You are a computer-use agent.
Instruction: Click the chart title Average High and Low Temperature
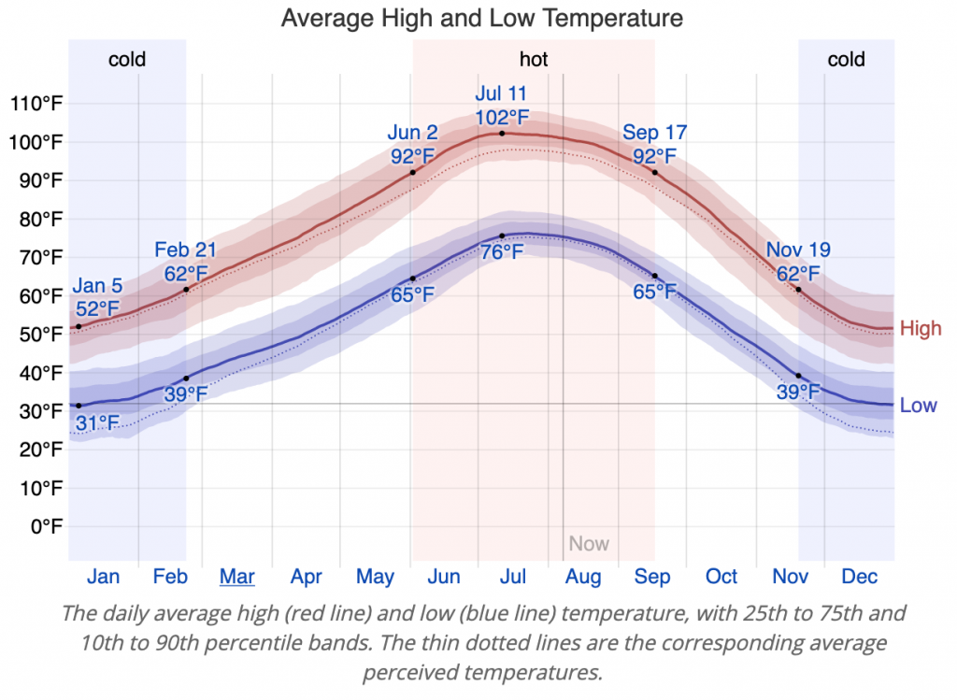pyautogui.click(x=481, y=18)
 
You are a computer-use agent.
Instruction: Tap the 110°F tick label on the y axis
pyautogui.click(x=36, y=103)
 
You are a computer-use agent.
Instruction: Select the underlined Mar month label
pyautogui.click(x=237, y=577)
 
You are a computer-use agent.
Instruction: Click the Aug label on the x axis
pyautogui.click(x=583, y=577)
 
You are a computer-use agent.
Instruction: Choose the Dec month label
pyautogui.click(x=860, y=577)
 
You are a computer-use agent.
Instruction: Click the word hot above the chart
pyautogui.click(x=534, y=60)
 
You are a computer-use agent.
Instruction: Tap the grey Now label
pyautogui.click(x=589, y=544)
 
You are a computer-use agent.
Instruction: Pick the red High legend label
pyautogui.click(x=921, y=329)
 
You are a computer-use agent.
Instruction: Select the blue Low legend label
pyautogui.click(x=918, y=406)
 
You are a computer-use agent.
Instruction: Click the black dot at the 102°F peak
pyautogui.click(x=502, y=134)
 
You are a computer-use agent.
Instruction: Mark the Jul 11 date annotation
pyautogui.click(x=502, y=93)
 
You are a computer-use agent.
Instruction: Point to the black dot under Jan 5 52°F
pyautogui.click(x=79, y=326)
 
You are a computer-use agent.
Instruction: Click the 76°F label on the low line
pyautogui.click(x=502, y=252)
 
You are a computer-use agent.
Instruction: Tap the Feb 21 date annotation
pyautogui.click(x=186, y=250)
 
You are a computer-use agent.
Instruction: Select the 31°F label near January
pyautogui.click(x=98, y=423)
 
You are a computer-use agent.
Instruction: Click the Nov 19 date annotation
pyautogui.click(x=798, y=250)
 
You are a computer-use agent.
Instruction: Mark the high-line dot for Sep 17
pyautogui.click(x=654, y=172)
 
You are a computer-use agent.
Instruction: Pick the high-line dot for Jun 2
pyautogui.click(x=412, y=172)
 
